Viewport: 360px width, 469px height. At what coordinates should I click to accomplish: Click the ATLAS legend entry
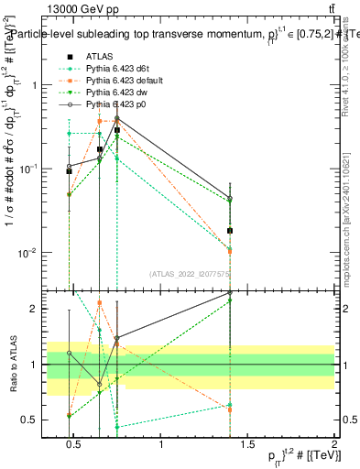tap(98, 57)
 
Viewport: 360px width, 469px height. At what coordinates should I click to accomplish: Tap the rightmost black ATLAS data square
tap(231, 231)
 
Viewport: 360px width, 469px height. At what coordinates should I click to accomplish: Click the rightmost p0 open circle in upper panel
tap(231, 199)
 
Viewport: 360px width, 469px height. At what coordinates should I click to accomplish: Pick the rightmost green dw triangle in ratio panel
tap(231, 300)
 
